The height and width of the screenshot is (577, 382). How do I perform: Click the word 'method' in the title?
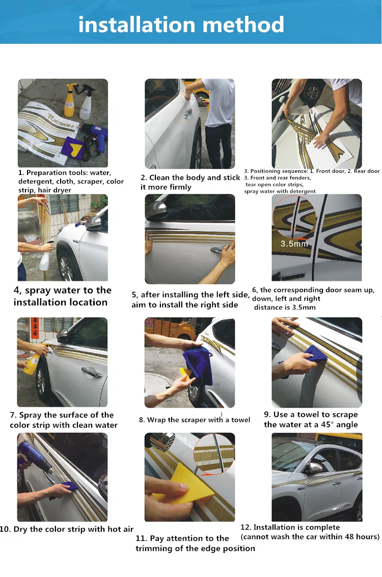click(243, 24)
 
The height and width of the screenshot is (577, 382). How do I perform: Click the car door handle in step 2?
click(188, 113)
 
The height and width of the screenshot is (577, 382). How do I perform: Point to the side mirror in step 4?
click(94, 222)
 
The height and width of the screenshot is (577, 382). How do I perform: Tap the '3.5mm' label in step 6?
click(294, 244)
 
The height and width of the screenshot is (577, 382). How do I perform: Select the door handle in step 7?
click(92, 373)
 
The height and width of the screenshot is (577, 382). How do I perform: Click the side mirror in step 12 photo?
click(314, 468)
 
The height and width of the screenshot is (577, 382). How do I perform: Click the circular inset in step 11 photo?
click(213, 452)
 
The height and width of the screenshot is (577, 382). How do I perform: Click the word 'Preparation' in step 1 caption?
click(47, 173)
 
